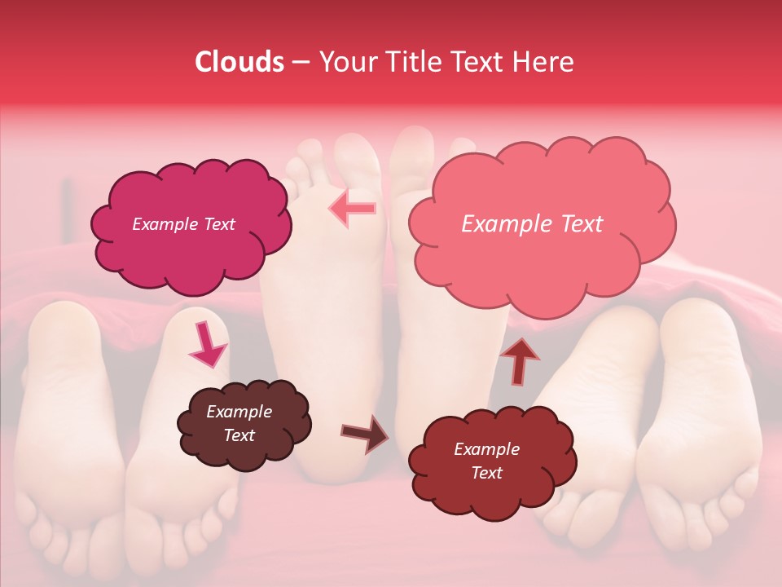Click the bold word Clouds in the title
pos(239,62)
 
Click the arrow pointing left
pos(353,209)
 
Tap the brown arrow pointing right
pos(364,433)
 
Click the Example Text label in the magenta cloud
pos(183,224)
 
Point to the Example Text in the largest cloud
pos(532,224)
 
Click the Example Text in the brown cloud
pos(239,424)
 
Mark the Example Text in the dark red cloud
pos(486,461)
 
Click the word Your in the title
pos(343,62)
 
